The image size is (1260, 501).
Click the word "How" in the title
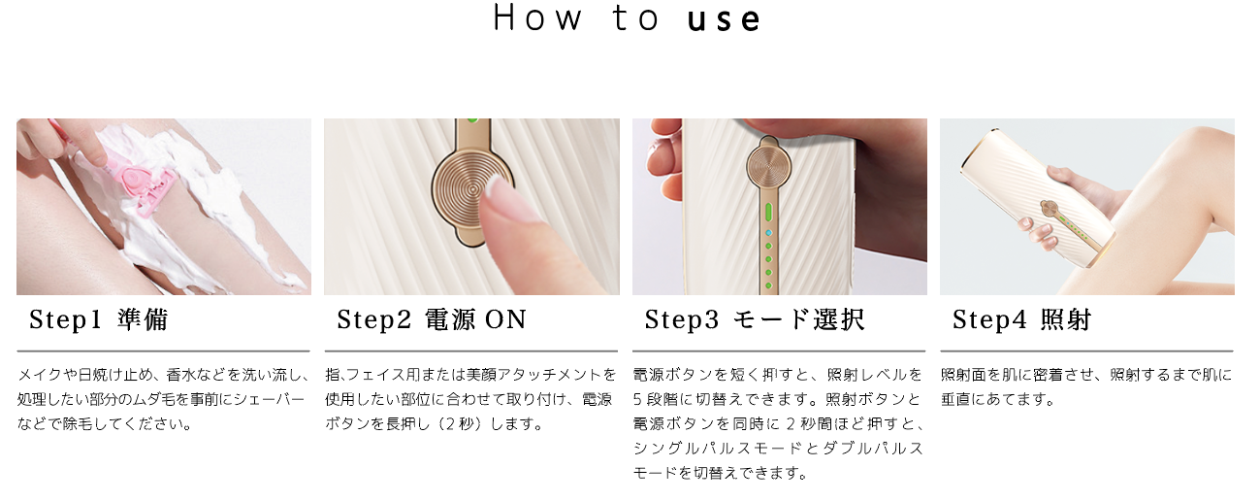(537, 18)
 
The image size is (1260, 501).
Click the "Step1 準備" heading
(98, 319)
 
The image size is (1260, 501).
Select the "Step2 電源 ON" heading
(432, 319)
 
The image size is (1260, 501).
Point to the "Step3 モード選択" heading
(755, 319)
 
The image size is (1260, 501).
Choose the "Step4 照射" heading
(1021, 319)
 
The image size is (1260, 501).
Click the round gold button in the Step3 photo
(768, 167)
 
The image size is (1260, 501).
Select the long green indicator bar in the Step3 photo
(768, 214)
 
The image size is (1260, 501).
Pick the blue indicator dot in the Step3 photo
(768, 232)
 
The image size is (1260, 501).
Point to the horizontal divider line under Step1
(163, 351)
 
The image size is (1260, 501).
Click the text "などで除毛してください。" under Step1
(105, 423)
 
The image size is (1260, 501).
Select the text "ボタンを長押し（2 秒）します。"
(434, 423)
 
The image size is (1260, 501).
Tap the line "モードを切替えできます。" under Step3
(720, 473)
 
